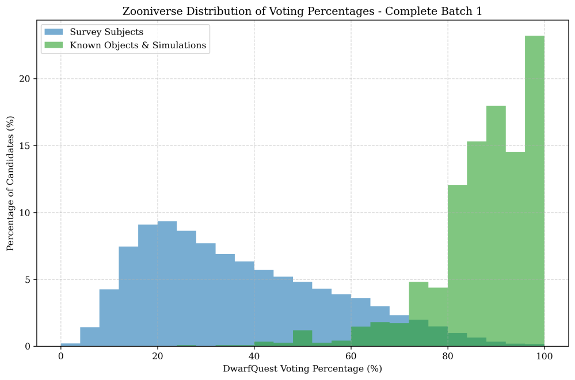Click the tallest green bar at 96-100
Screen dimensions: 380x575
(x=535, y=190)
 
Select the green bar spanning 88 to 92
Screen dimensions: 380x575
(x=496, y=224)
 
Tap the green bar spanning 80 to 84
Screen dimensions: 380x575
(x=457, y=264)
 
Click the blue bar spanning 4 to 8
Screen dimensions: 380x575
(x=90, y=337)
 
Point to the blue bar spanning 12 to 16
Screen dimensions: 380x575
(x=128, y=296)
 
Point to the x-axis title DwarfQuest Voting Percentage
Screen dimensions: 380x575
(x=303, y=369)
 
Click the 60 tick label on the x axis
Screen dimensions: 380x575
(x=351, y=356)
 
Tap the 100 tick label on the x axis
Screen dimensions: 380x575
(x=544, y=356)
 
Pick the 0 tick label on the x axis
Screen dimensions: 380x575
(x=61, y=356)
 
